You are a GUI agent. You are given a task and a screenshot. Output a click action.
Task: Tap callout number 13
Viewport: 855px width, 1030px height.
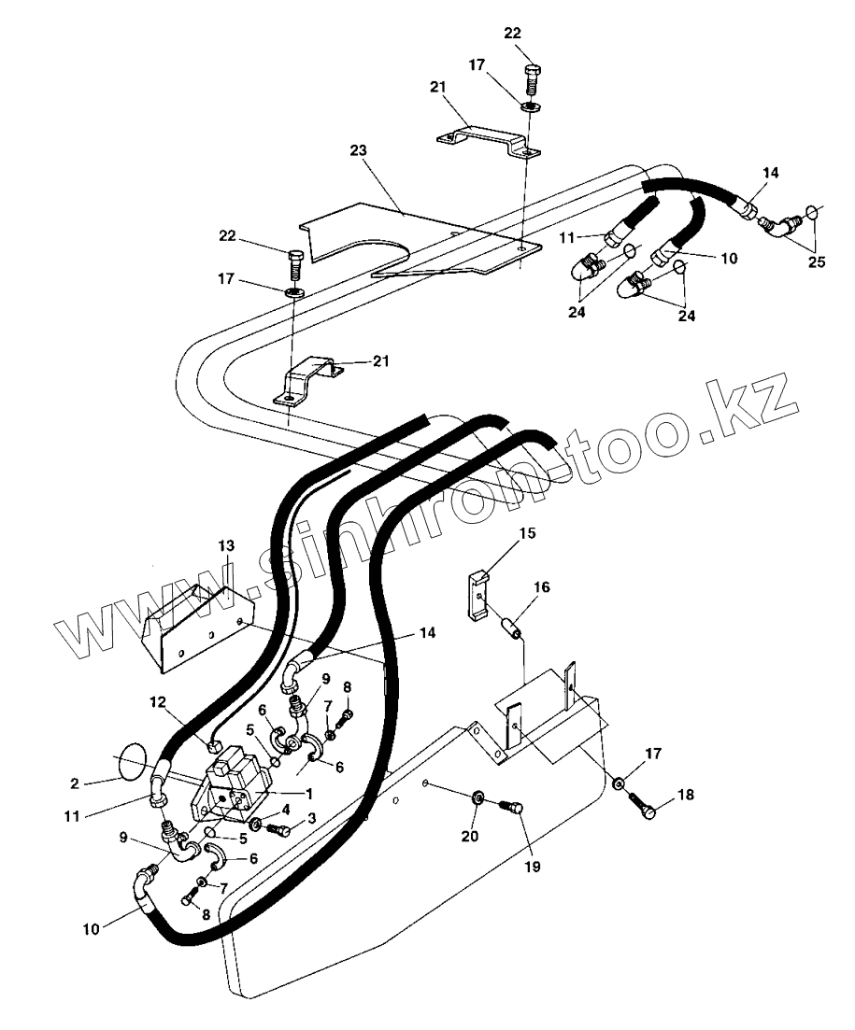coord(226,545)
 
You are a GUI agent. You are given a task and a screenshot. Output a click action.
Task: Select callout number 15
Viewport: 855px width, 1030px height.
coord(527,533)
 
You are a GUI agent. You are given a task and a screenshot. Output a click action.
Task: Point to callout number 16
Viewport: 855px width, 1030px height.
coord(542,587)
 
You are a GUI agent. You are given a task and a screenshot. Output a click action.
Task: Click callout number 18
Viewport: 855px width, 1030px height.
coord(687,796)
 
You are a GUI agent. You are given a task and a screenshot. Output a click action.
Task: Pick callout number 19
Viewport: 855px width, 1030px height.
coord(533,866)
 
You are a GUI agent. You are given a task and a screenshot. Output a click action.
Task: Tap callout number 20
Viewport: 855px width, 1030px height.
coord(470,836)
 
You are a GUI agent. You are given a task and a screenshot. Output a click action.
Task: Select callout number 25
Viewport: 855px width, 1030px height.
coord(817,262)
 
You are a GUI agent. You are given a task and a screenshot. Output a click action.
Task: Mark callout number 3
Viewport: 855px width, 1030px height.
coord(312,818)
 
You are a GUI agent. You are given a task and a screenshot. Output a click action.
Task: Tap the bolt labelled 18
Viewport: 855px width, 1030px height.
coord(645,806)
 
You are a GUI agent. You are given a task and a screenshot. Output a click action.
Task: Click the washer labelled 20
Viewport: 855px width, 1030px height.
coord(477,798)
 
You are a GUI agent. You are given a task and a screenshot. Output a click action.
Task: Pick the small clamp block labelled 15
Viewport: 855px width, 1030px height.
coord(477,595)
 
